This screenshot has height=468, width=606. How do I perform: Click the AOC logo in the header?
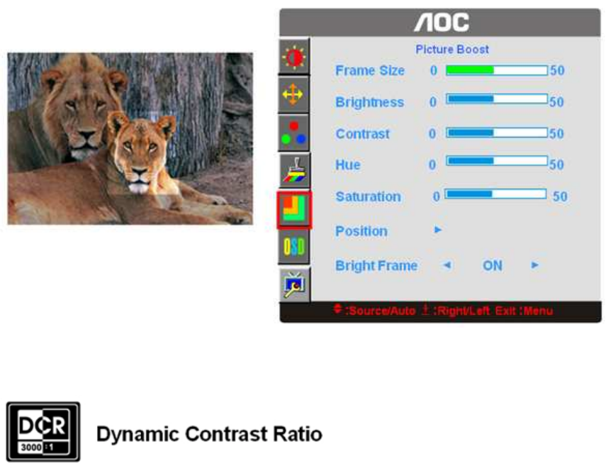[x=442, y=23]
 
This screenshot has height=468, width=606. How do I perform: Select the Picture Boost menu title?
[x=451, y=50]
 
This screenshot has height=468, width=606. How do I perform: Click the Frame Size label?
[x=370, y=70]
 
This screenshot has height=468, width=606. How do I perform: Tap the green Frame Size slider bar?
[x=497, y=70]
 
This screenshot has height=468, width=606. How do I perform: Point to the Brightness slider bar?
[x=497, y=99]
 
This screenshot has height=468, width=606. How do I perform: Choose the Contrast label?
[x=362, y=134]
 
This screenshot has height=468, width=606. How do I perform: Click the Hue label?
[x=348, y=165]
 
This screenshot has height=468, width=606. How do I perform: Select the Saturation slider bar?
[x=495, y=194]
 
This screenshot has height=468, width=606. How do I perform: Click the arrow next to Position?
[x=438, y=230]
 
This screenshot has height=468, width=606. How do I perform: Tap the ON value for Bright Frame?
[x=493, y=266]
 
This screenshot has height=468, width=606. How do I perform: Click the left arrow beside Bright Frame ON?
[x=447, y=265]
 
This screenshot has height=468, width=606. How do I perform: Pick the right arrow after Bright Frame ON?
[x=535, y=265]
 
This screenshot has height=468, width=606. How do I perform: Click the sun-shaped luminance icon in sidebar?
[x=293, y=57]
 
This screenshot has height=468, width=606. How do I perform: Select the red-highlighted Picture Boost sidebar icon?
[x=293, y=209]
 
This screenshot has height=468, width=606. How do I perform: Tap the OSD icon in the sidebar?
[x=293, y=247]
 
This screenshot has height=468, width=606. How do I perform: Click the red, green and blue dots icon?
[x=293, y=133]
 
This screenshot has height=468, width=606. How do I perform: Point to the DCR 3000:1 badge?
[x=43, y=432]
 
